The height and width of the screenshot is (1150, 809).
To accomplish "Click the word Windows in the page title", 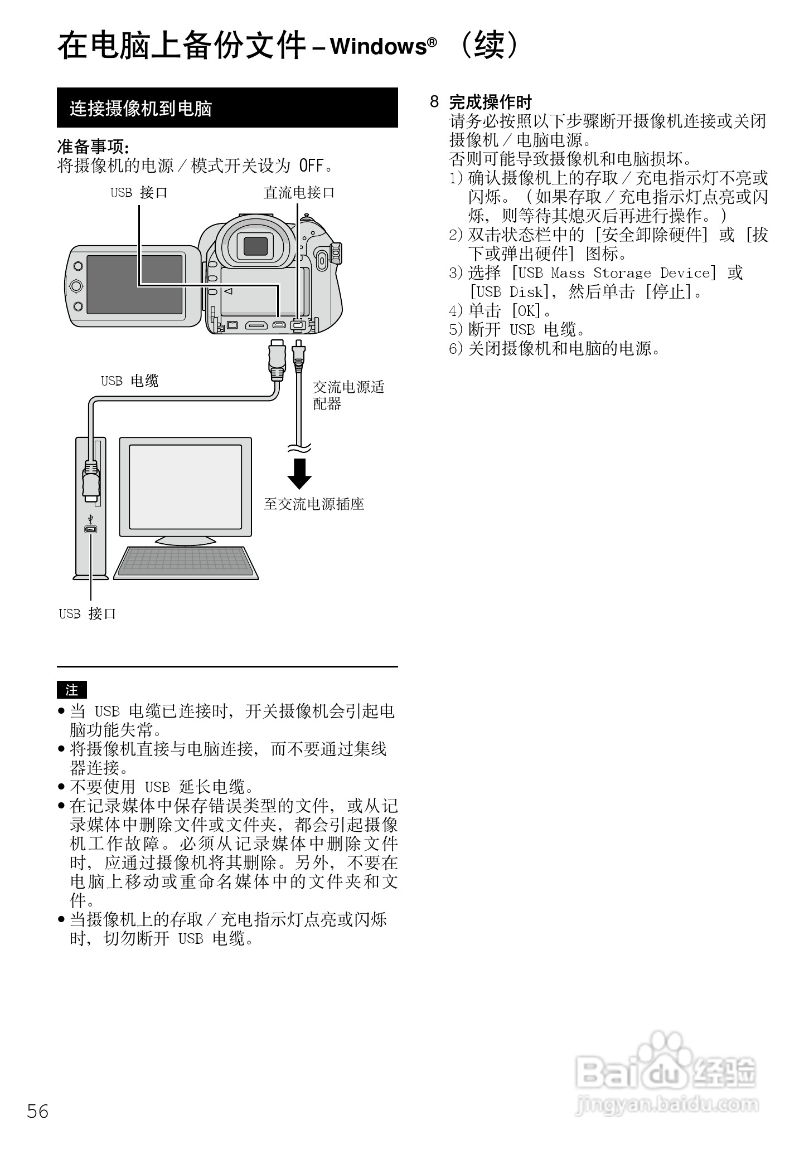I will pos(379,47).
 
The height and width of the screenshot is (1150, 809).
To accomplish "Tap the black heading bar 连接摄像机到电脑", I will pos(227,108).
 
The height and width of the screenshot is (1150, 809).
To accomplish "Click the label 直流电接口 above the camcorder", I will pos(299,193).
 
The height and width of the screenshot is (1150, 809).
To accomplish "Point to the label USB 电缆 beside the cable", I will pos(129,381).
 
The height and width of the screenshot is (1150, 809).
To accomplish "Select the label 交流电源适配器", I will pos(348,395).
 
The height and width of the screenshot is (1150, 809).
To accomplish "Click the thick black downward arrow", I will pos(299,474).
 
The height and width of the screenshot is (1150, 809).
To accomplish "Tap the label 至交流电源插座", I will pos(314,504).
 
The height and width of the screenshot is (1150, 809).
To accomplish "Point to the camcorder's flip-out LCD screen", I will pos(134,285).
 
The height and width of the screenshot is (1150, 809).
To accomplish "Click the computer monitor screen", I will pos(185,486).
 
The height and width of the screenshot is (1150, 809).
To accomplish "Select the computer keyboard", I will pos(186,562).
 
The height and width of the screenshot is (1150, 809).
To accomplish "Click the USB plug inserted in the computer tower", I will pos(91,479).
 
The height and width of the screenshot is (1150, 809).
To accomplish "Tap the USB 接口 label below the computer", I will pos(88,614).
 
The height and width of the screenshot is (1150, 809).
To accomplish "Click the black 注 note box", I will pos(72,690).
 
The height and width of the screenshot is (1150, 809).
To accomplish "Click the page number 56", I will pos(38,1111).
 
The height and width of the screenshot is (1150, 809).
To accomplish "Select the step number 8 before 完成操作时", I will pos(434,102).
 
